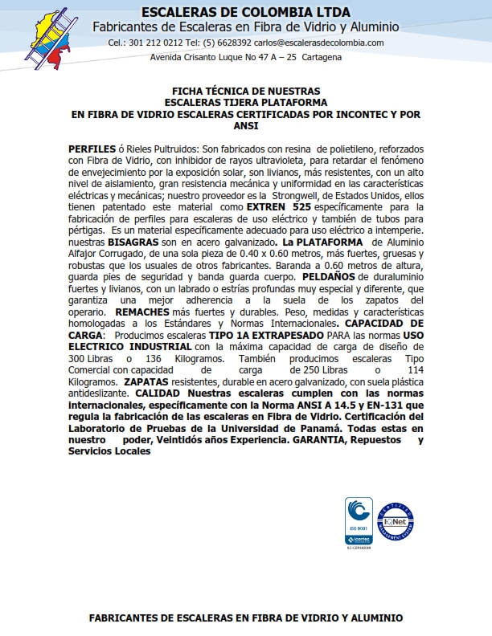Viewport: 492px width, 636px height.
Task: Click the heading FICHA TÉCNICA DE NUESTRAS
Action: tap(246, 92)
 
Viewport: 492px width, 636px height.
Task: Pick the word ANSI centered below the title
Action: tap(246, 125)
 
